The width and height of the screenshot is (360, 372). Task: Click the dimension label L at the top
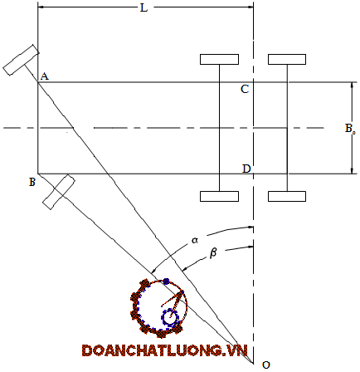(x=144, y=7)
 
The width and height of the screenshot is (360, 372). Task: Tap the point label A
(x=45, y=76)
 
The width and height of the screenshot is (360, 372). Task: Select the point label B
(x=32, y=182)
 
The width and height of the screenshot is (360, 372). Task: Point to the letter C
(x=245, y=89)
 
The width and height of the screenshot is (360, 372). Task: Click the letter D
(x=246, y=169)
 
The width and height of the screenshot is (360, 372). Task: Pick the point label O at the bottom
(x=266, y=365)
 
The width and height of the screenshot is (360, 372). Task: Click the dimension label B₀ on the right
(x=350, y=129)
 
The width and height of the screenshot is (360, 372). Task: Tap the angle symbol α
(x=195, y=240)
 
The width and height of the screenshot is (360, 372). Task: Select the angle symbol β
(x=213, y=253)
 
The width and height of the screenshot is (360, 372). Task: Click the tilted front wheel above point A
(x=21, y=60)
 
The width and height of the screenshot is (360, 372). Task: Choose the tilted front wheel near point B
(x=59, y=192)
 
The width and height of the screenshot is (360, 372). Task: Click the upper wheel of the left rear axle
(x=219, y=59)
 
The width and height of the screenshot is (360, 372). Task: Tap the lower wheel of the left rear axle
(x=219, y=196)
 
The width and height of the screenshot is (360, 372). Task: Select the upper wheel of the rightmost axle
(x=287, y=59)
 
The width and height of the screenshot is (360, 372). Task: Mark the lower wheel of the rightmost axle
(x=287, y=196)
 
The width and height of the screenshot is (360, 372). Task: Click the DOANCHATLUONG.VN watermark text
(x=165, y=350)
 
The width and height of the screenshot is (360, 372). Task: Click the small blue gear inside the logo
(x=170, y=318)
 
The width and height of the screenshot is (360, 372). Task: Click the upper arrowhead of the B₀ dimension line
(x=352, y=85)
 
